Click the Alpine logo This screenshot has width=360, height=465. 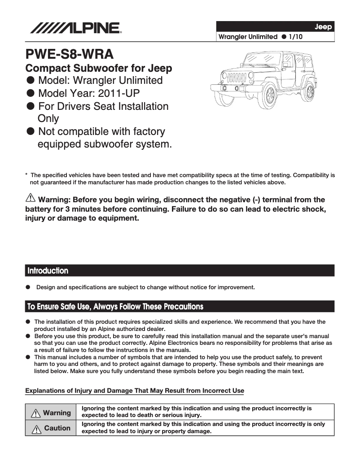pyautogui.click(x=75, y=28)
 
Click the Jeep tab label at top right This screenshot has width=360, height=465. pyautogui.click(x=323, y=27)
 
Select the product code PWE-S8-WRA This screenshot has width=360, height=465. pyautogui.click(x=69, y=55)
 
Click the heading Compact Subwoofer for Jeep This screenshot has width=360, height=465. pyautogui.click(x=99, y=68)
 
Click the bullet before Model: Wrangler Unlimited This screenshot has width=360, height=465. pyautogui.click(x=31, y=81)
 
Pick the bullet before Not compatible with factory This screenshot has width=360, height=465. pyautogui.click(x=31, y=132)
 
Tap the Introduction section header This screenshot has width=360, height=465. pyautogui.click(x=48, y=270)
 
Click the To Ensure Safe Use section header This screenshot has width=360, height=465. pyautogui.click(x=115, y=307)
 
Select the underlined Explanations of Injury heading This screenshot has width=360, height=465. pyautogui.click(x=135, y=391)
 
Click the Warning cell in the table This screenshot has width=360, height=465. pyautogui.click(x=51, y=413)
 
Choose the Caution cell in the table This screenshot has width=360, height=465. pyautogui.click(x=51, y=428)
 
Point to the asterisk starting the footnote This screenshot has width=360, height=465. pyautogui.click(x=27, y=175)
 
